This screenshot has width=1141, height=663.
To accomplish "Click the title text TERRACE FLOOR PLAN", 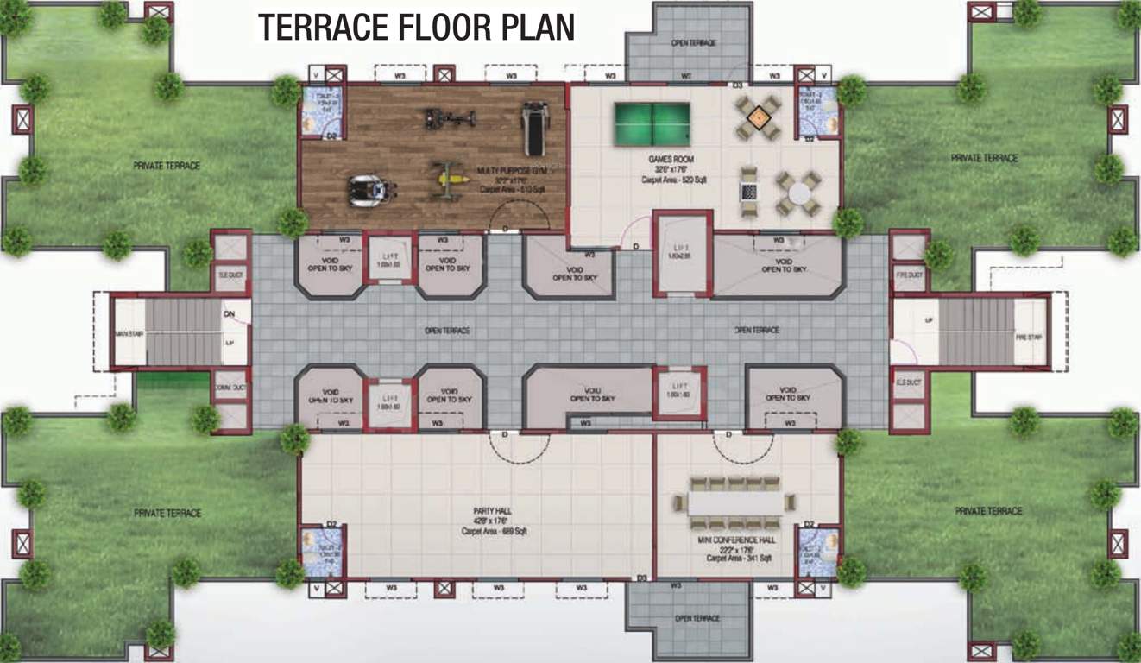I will [x=416, y=28].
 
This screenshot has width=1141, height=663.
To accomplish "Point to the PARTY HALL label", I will [x=494, y=511].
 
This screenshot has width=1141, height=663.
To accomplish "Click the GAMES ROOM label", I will [x=671, y=160].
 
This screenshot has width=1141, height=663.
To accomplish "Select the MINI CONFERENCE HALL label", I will [x=736, y=540].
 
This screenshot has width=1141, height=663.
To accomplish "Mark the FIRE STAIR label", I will [x=1029, y=337].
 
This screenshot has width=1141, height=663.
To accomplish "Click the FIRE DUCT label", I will [x=909, y=275].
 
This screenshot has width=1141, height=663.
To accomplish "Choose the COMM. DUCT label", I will [x=230, y=388].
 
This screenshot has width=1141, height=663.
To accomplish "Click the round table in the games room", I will [x=797, y=194].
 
